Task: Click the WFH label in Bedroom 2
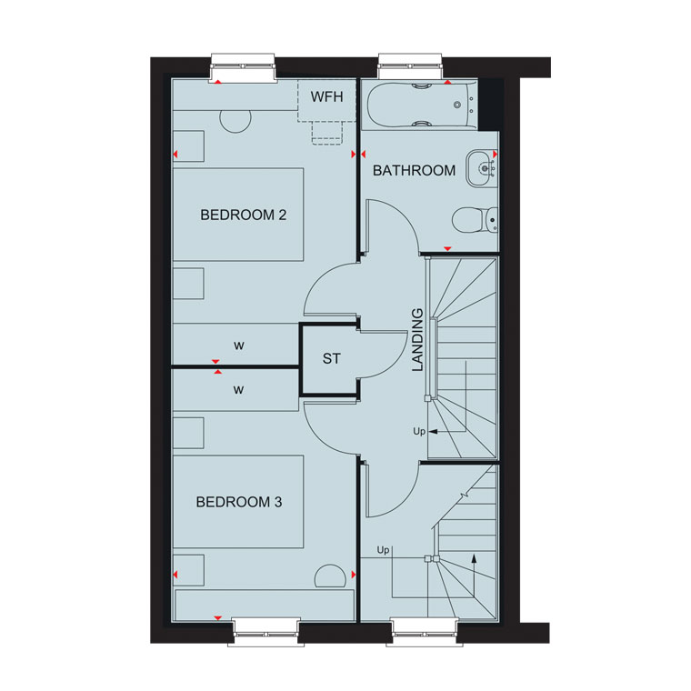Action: coord(326,96)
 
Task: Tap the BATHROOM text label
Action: coord(414,171)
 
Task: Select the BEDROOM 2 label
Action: coord(244,215)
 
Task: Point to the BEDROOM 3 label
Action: coord(239,502)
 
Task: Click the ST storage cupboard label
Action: coord(331,359)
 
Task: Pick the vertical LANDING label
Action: coord(417,340)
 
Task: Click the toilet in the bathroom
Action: coord(475,220)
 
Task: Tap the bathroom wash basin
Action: coord(482,168)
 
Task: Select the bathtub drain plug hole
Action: coord(457,105)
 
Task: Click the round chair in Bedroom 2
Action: coord(235,120)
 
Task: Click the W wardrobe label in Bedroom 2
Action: coord(239,345)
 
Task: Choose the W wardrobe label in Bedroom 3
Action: coord(239,390)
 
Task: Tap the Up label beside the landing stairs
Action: coord(419,431)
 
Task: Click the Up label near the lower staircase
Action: coord(383,550)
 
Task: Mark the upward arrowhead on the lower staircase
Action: coord(474,558)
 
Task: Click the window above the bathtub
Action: coord(410,66)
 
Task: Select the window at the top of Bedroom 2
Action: coord(243,67)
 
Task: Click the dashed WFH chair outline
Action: coord(327,133)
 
